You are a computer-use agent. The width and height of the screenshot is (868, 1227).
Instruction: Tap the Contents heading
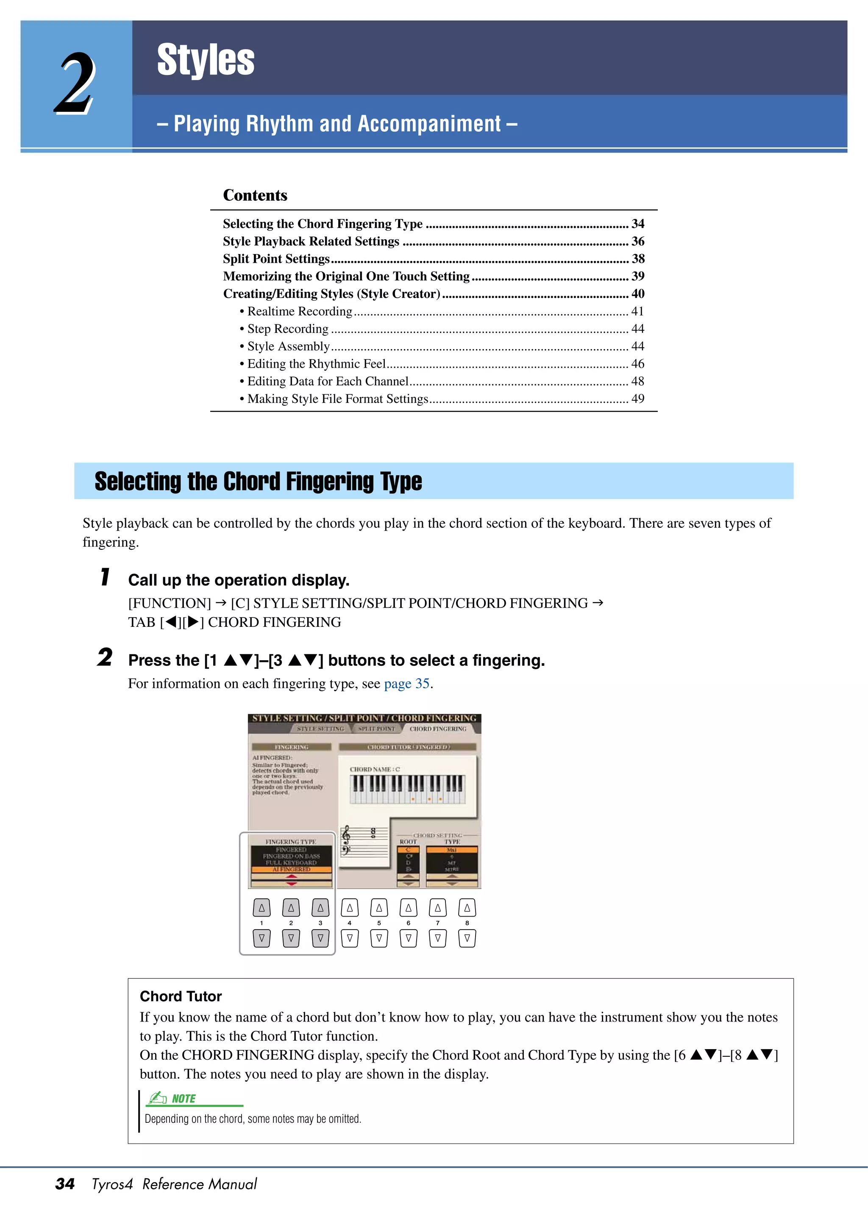pyautogui.click(x=255, y=195)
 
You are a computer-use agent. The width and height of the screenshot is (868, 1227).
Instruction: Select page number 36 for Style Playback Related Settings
pyautogui.click(x=637, y=241)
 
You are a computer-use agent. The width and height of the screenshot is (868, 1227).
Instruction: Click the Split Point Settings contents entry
pyautogui.click(x=276, y=259)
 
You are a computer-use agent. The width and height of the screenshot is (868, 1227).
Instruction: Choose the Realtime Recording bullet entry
pyautogui.click(x=300, y=311)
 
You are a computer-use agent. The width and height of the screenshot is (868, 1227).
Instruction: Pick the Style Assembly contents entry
pyautogui.click(x=288, y=346)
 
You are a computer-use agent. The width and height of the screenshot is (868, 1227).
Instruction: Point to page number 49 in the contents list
pyautogui.click(x=637, y=399)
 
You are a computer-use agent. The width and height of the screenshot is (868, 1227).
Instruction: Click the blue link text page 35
pyautogui.click(x=406, y=684)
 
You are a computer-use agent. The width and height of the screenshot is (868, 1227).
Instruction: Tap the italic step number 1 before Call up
pyautogui.click(x=106, y=578)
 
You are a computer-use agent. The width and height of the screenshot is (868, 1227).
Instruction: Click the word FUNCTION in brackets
pyautogui.click(x=170, y=604)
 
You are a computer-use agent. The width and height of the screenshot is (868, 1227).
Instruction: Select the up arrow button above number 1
pyautogui.click(x=262, y=907)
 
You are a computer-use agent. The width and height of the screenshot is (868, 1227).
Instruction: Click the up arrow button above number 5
pyautogui.click(x=378, y=907)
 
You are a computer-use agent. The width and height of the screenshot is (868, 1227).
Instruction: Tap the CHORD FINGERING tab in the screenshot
pyautogui.click(x=437, y=728)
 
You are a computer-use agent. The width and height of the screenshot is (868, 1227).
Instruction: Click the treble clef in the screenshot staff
pyautogui.click(x=347, y=834)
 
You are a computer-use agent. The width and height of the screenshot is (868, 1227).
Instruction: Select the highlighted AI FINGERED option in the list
pyautogui.click(x=291, y=869)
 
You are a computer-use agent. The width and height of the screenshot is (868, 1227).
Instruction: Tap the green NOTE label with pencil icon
pyautogui.click(x=172, y=1099)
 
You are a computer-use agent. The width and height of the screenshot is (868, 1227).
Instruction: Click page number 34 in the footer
pyautogui.click(x=65, y=1184)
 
